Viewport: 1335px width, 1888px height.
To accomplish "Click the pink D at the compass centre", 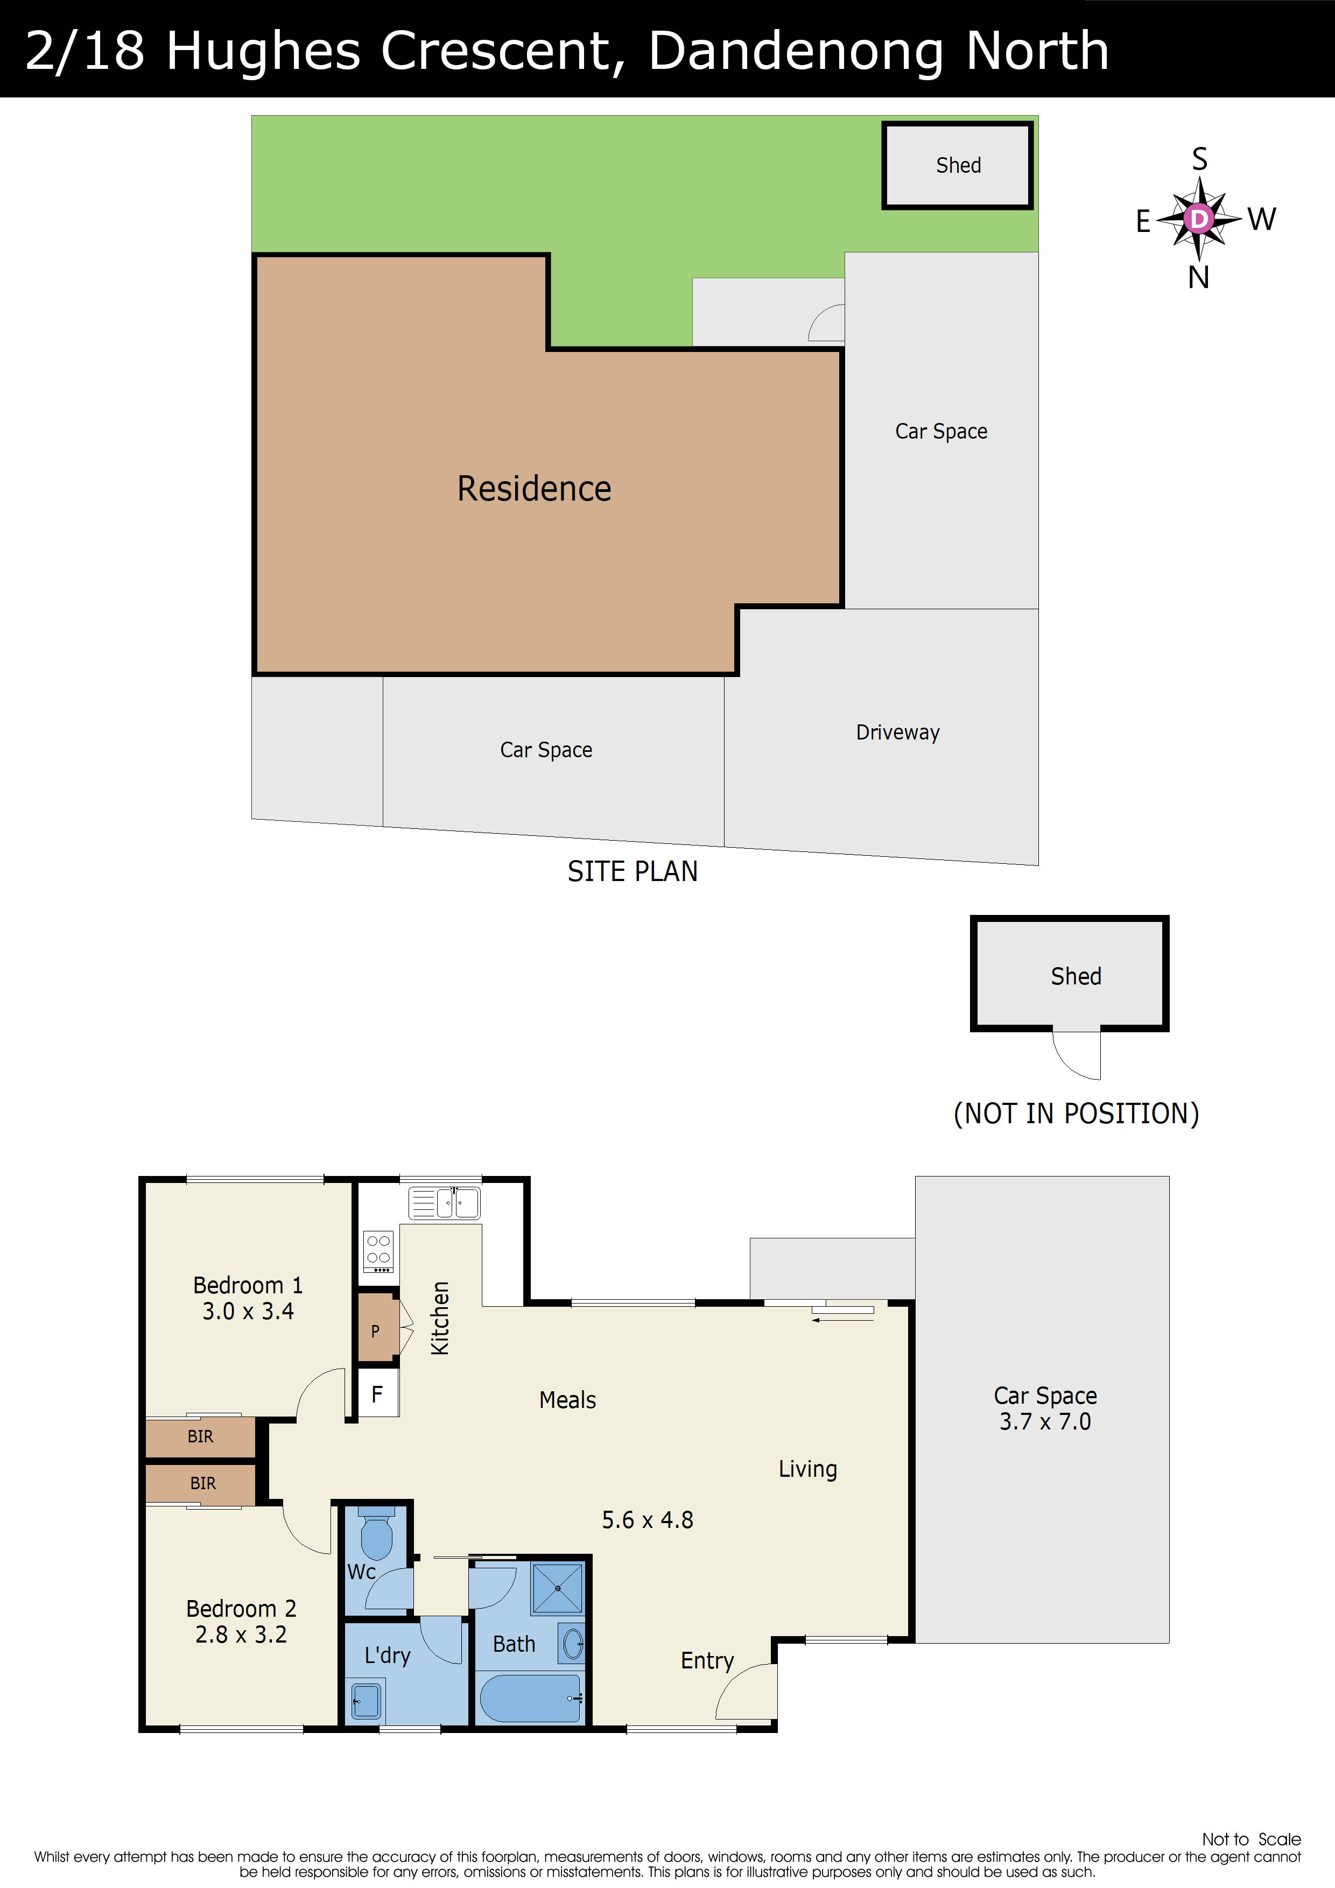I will coord(1199,219).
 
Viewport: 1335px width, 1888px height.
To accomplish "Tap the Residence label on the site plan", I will coord(534,489).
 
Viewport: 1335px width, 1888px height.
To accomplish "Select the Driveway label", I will coord(897,732).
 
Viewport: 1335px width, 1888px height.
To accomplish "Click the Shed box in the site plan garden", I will coord(958,165).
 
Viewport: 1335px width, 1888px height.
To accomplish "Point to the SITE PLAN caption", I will coord(632,871).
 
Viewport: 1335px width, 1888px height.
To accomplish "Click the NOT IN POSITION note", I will coord(1076,1114).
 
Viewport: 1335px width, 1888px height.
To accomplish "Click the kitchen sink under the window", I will coord(444,1203).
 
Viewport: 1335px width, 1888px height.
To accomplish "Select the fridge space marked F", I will coord(377,1394).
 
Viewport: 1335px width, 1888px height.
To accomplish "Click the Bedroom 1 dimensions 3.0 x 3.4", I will coord(248,1311).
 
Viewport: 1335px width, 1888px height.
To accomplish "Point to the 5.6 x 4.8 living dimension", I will coord(648,1520).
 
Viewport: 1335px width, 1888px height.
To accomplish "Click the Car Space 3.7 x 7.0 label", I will coord(1045,1408).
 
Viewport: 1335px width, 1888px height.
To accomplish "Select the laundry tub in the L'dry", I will coord(366,1701).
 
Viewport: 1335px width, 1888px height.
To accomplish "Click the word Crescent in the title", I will coord(496,51).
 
